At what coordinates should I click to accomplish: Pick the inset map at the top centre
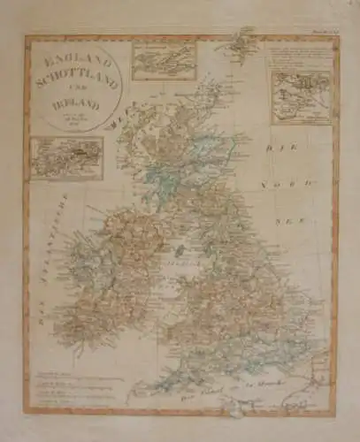[164, 60]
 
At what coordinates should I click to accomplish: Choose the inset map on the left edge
[66, 157]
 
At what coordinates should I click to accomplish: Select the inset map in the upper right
[299, 96]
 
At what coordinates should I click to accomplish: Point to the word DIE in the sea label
[289, 142]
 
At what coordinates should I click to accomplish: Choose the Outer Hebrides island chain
[125, 141]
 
